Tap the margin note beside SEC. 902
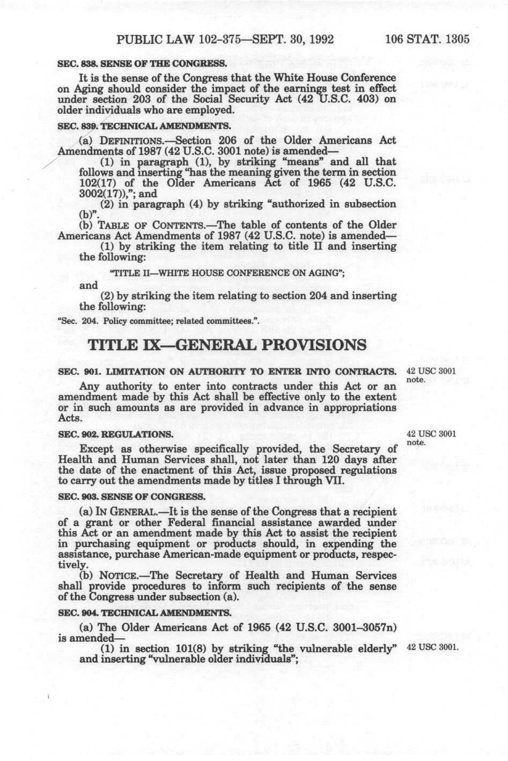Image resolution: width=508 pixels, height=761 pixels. (432, 438)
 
